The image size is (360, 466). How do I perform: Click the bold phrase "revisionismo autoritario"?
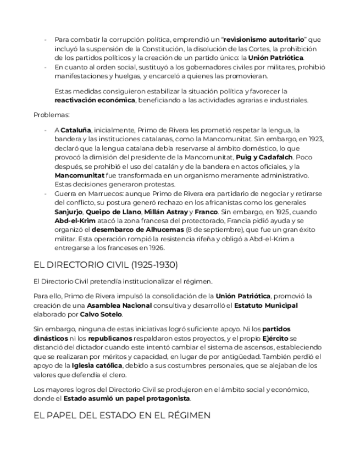click(x=266, y=40)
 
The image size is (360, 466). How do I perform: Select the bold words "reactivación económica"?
click(x=95, y=101)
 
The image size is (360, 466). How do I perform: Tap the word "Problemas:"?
click(x=52, y=115)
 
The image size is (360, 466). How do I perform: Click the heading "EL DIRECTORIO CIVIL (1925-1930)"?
click(x=106, y=265)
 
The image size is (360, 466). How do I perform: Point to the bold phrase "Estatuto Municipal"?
click(x=266, y=306)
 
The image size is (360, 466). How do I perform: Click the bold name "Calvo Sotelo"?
click(x=102, y=314)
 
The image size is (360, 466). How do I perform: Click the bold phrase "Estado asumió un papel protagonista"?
click(x=127, y=398)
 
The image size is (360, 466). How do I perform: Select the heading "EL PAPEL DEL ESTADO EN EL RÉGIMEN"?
click(x=122, y=417)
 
